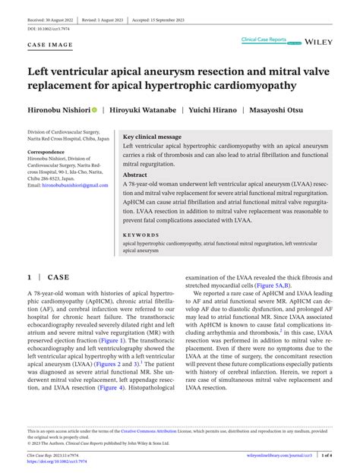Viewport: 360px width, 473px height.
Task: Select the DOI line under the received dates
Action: tap(48, 28)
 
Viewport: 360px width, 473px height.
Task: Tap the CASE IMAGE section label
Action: tap(50, 45)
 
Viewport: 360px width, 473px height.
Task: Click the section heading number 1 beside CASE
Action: tap(29, 278)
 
